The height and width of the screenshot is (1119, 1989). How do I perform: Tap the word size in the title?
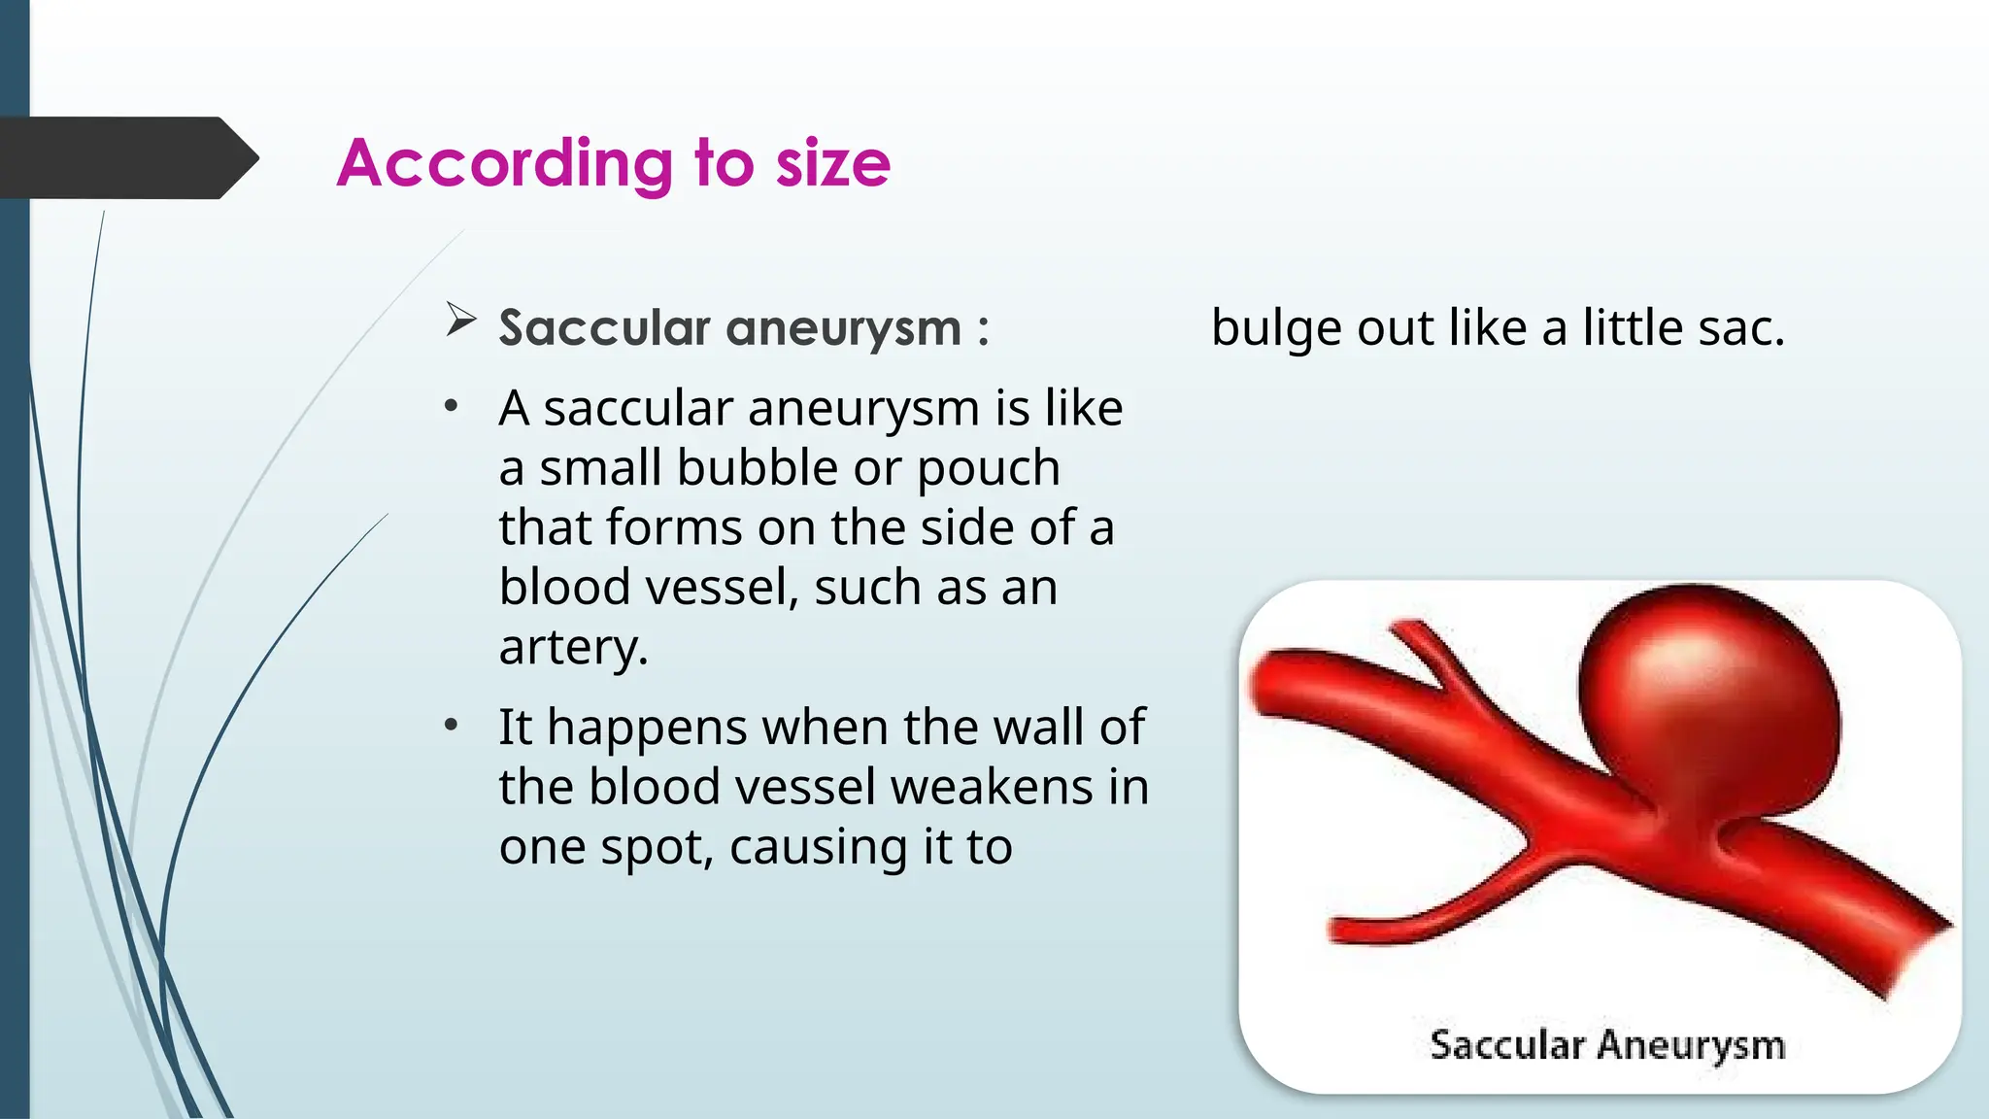pyautogui.click(x=832, y=163)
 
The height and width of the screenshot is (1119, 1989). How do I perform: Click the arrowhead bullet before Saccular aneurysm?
pyautogui.click(x=460, y=320)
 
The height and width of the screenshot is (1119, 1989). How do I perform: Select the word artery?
pyautogui.click(x=571, y=647)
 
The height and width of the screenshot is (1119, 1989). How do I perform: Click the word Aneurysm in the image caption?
pyautogui.click(x=1691, y=1045)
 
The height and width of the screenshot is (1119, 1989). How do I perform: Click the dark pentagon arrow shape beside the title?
pyautogui.click(x=126, y=157)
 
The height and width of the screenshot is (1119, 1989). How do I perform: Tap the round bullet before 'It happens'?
pyautogui.click(x=451, y=726)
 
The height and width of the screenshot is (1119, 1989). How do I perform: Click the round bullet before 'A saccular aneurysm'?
pyautogui.click(x=451, y=407)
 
